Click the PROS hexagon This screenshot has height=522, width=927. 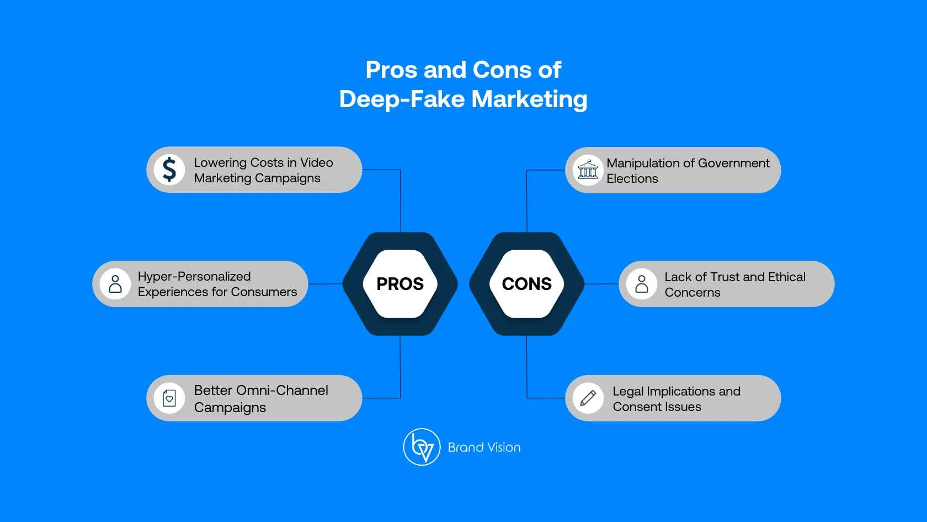pos(400,284)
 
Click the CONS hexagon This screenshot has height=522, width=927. pos(526,284)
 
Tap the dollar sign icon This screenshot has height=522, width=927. pos(169,170)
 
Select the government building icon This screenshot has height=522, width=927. pos(588,170)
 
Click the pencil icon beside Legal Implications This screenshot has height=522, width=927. pos(588,398)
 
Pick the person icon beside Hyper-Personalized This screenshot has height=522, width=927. pos(115,284)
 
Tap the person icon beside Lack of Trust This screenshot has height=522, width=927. pos(642,284)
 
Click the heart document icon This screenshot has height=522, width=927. pos(169,398)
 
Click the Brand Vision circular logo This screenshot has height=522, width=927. pos(422,447)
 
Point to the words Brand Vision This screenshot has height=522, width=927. pos(484,447)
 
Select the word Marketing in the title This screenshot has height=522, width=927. pos(529,99)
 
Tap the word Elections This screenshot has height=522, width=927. pos(632,178)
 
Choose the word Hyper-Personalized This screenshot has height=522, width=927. pos(194,276)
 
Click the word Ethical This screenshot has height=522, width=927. pos(786,277)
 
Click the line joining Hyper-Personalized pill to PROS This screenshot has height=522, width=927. pos(326,284)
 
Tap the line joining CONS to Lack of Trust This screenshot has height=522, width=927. pos(601,284)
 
